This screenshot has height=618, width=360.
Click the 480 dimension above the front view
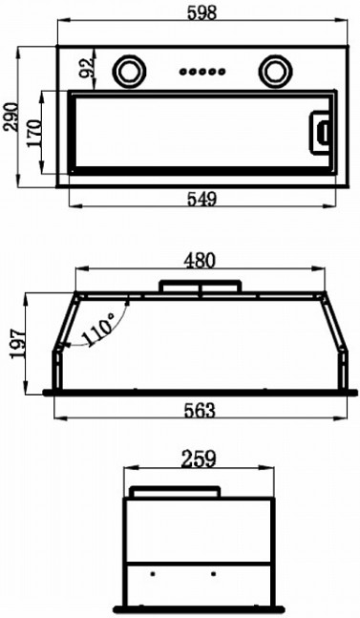click(x=200, y=259)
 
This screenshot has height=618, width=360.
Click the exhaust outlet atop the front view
click(x=200, y=286)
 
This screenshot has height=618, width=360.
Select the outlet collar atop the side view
click(x=176, y=492)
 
